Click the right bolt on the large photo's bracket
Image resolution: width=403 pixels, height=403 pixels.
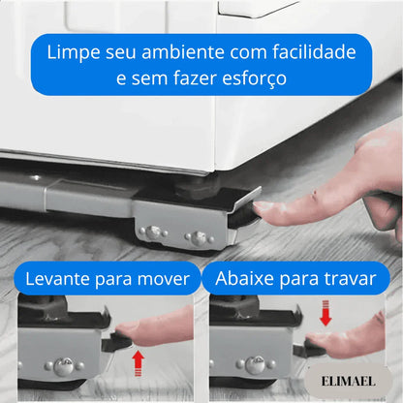point(199,237)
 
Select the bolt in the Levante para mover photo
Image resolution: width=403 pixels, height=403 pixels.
point(63,366)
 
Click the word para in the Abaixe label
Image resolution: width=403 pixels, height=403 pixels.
point(303,280)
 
